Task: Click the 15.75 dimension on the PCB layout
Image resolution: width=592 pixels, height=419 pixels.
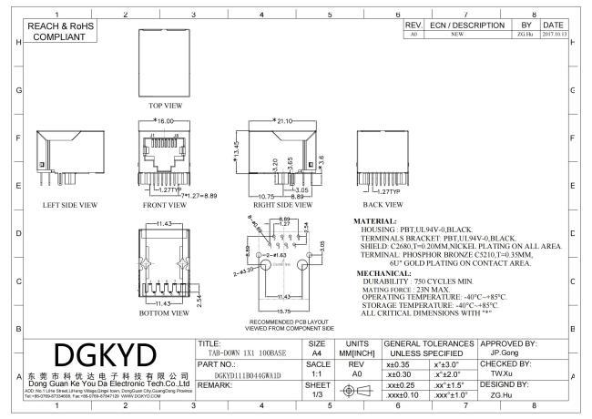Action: pyautogui.click(x=288, y=310)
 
